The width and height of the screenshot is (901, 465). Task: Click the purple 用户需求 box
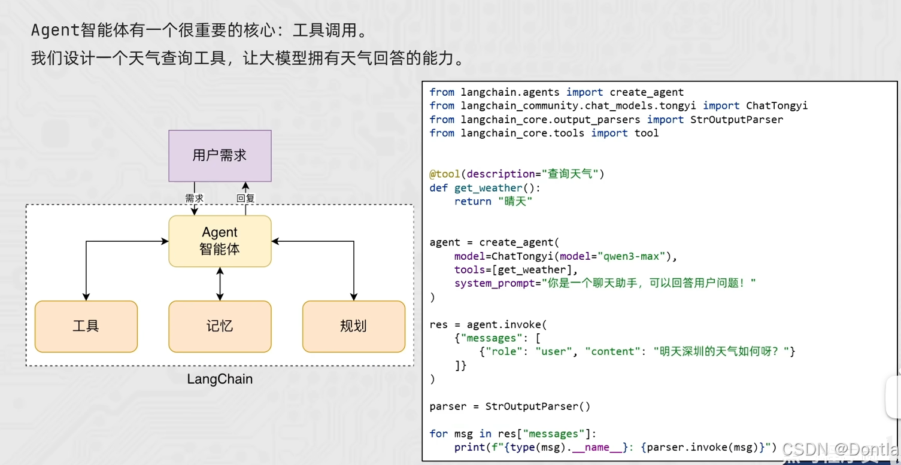[x=220, y=156]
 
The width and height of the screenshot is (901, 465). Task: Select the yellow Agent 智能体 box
[x=220, y=241]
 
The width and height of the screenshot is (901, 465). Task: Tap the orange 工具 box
[x=86, y=326]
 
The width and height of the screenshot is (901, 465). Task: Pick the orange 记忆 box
[x=220, y=326]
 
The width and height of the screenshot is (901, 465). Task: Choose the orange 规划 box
[x=353, y=326]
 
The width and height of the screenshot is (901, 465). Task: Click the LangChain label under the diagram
[x=220, y=379]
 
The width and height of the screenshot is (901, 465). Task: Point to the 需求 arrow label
[x=194, y=198]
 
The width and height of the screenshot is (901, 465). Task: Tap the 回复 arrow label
[x=245, y=198]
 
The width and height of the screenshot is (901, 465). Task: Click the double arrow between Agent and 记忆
[x=220, y=284]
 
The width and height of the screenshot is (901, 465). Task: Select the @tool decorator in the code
[x=444, y=174]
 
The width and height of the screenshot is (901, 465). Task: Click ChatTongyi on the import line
[x=776, y=105]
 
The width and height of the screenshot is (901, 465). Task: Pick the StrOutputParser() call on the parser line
[x=538, y=406]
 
